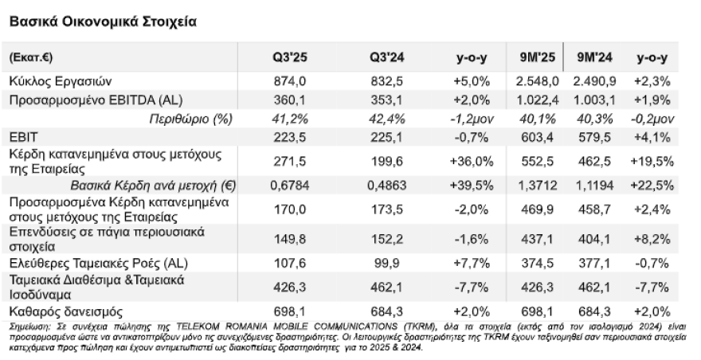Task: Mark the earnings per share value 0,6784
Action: point(290,186)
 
